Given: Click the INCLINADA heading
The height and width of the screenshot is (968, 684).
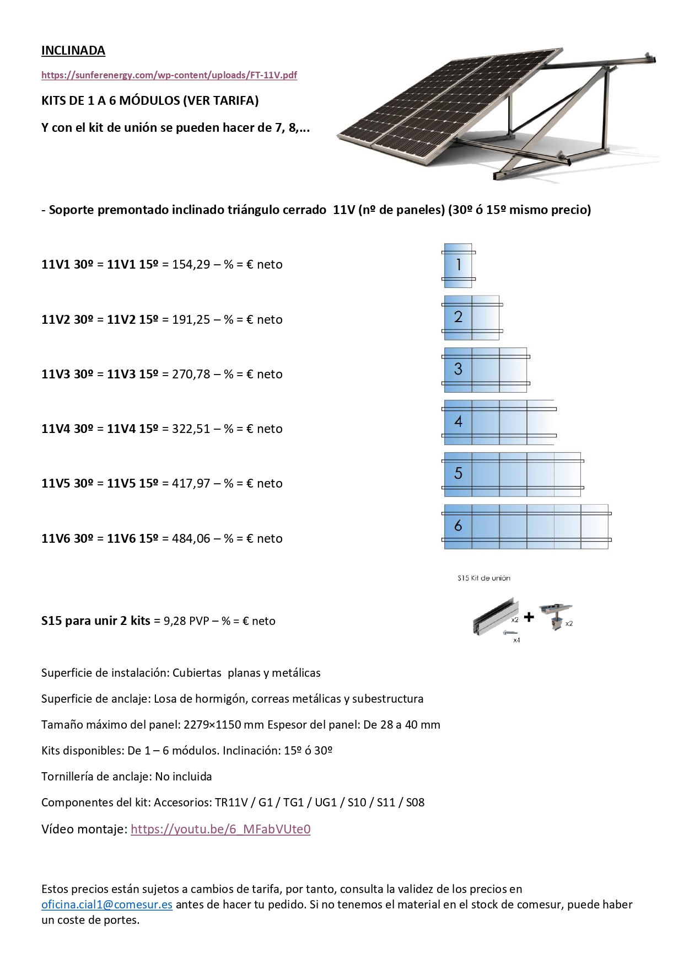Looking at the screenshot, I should coord(73,51).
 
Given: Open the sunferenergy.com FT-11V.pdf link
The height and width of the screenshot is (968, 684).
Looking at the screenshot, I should coord(169,75).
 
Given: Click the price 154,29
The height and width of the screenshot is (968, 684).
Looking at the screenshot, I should coord(191,265).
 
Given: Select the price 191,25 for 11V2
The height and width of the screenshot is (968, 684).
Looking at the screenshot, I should coord(191,320).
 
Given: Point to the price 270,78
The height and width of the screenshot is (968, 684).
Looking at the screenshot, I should coord(191,375).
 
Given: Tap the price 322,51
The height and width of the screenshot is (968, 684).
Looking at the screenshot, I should coord(191,429).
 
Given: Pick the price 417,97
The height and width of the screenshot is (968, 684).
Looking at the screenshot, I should coord(191,484).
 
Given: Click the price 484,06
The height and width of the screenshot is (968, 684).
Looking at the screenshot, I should coord(191,539).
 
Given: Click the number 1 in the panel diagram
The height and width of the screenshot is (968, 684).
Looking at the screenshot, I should coord(458,265).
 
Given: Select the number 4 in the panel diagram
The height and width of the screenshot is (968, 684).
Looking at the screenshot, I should coord(458,421).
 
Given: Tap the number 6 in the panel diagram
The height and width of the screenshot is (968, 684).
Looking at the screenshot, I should coord(458,526).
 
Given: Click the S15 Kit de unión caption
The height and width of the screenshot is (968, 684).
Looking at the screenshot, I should coord(483,578).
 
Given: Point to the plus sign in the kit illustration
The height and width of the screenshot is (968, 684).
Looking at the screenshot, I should coord(529,617).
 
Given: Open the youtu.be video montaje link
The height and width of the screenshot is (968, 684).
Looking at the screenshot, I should coord(220,830).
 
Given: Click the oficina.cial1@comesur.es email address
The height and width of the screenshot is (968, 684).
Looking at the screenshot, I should coord(107,905).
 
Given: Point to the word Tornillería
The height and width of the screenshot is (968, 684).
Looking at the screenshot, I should coord(67,777).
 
